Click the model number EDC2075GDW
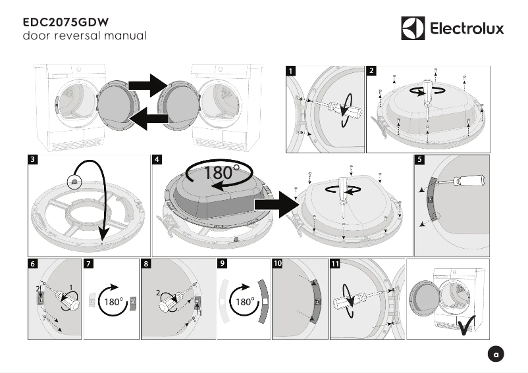(65, 20)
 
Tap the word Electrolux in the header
(467, 29)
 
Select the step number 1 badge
(292, 70)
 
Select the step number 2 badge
(372, 70)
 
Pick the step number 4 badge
(157, 159)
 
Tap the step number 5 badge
(419, 159)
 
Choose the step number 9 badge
(223, 264)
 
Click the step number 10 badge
(277, 264)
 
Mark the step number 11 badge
(335, 264)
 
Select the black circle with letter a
(498, 355)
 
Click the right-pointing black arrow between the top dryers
(149, 84)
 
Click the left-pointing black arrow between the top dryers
(149, 118)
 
